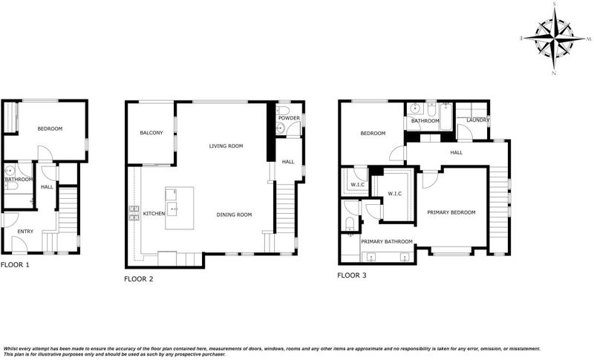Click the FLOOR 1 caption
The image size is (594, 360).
[x=15, y=265]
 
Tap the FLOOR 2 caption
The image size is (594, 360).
[x=139, y=279]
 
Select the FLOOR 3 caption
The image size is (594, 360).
[x=352, y=275]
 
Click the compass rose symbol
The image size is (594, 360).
[x=554, y=39]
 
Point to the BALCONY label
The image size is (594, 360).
[x=151, y=133]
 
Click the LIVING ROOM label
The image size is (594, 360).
[x=226, y=146]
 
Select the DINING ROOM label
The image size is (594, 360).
[x=234, y=215]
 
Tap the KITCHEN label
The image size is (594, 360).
[x=154, y=214]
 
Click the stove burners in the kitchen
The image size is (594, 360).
[x=134, y=213]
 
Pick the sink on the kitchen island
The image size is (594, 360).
[x=172, y=209]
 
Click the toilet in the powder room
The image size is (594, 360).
[x=283, y=110]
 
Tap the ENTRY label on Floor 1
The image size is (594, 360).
[x=25, y=232]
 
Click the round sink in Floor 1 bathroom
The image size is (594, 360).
[x=10, y=171]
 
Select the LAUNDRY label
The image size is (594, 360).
[x=478, y=120]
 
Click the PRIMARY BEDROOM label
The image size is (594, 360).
[x=451, y=212]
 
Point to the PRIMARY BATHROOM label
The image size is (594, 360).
[x=387, y=241]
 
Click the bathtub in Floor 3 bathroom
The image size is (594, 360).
[x=446, y=117]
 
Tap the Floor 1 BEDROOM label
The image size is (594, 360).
[x=50, y=128]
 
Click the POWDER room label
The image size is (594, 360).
[x=289, y=118]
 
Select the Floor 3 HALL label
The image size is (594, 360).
[x=457, y=153]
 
